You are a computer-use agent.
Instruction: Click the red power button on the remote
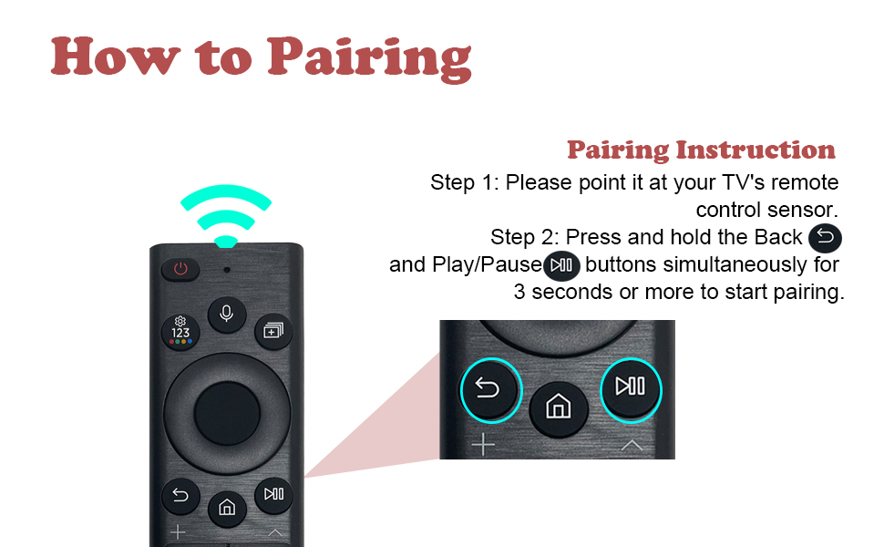pyautogui.click(x=180, y=269)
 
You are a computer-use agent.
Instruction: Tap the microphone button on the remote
pyautogui.click(x=227, y=314)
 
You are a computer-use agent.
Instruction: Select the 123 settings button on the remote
pyautogui.click(x=180, y=332)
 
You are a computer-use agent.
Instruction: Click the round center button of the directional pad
pyautogui.click(x=227, y=413)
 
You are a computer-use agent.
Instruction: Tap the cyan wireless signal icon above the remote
pyautogui.click(x=226, y=213)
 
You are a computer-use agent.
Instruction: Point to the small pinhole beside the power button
pyautogui.click(x=227, y=270)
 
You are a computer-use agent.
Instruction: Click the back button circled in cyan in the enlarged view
pyautogui.click(x=491, y=390)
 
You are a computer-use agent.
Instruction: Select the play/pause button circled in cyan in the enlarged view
pyautogui.click(x=631, y=389)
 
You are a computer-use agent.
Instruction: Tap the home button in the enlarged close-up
pyautogui.click(x=559, y=407)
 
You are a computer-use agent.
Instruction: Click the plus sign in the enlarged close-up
pyautogui.click(x=483, y=445)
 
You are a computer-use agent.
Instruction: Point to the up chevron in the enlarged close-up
pyautogui.click(x=632, y=446)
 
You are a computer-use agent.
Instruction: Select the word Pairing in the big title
pyautogui.click(x=370, y=59)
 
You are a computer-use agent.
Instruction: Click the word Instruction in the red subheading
pyautogui.click(x=756, y=150)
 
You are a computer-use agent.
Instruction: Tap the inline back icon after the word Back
pyautogui.click(x=825, y=237)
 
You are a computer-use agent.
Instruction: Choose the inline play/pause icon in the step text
pyautogui.click(x=561, y=265)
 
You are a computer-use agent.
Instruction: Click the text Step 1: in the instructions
pyautogui.click(x=465, y=182)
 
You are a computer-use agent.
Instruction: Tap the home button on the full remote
pyautogui.click(x=227, y=508)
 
